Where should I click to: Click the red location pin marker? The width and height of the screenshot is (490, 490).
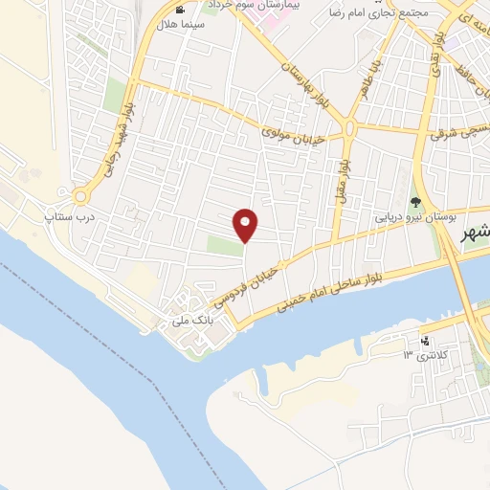[x=246, y=225]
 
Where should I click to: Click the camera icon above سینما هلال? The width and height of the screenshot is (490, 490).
[x=180, y=10]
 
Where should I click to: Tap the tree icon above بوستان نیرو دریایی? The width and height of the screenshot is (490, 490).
[x=415, y=202]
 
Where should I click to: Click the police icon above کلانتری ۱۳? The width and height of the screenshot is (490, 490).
[x=426, y=341]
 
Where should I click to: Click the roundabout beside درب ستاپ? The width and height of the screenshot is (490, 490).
[x=80, y=197]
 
